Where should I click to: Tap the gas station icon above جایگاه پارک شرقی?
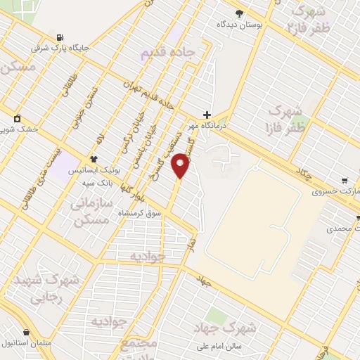(x=58, y=37)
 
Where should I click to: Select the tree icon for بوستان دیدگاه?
(x=239, y=13)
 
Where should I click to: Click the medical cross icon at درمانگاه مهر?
(x=207, y=114)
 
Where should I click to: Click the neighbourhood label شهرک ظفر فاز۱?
(x=286, y=119)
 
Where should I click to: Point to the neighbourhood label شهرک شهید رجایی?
(x=46, y=288)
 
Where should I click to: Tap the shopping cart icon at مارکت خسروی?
(x=345, y=181)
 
